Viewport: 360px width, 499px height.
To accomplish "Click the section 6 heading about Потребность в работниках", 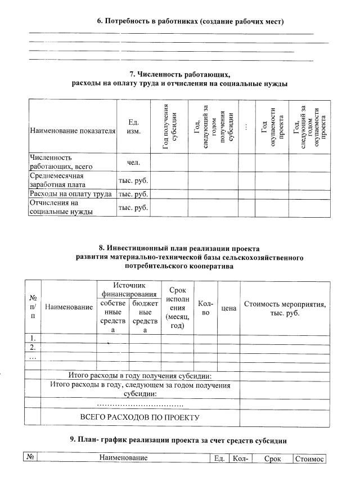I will click(190, 21).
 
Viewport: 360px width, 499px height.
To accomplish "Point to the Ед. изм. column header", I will click(134, 127).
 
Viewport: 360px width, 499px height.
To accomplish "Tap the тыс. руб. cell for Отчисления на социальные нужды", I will click(134, 208).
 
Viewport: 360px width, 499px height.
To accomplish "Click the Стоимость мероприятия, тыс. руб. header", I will click(285, 308).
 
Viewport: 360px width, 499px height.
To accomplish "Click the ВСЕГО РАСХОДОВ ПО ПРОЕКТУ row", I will click(140, 417).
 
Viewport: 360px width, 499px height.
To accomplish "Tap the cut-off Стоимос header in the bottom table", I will click(309, 458).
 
